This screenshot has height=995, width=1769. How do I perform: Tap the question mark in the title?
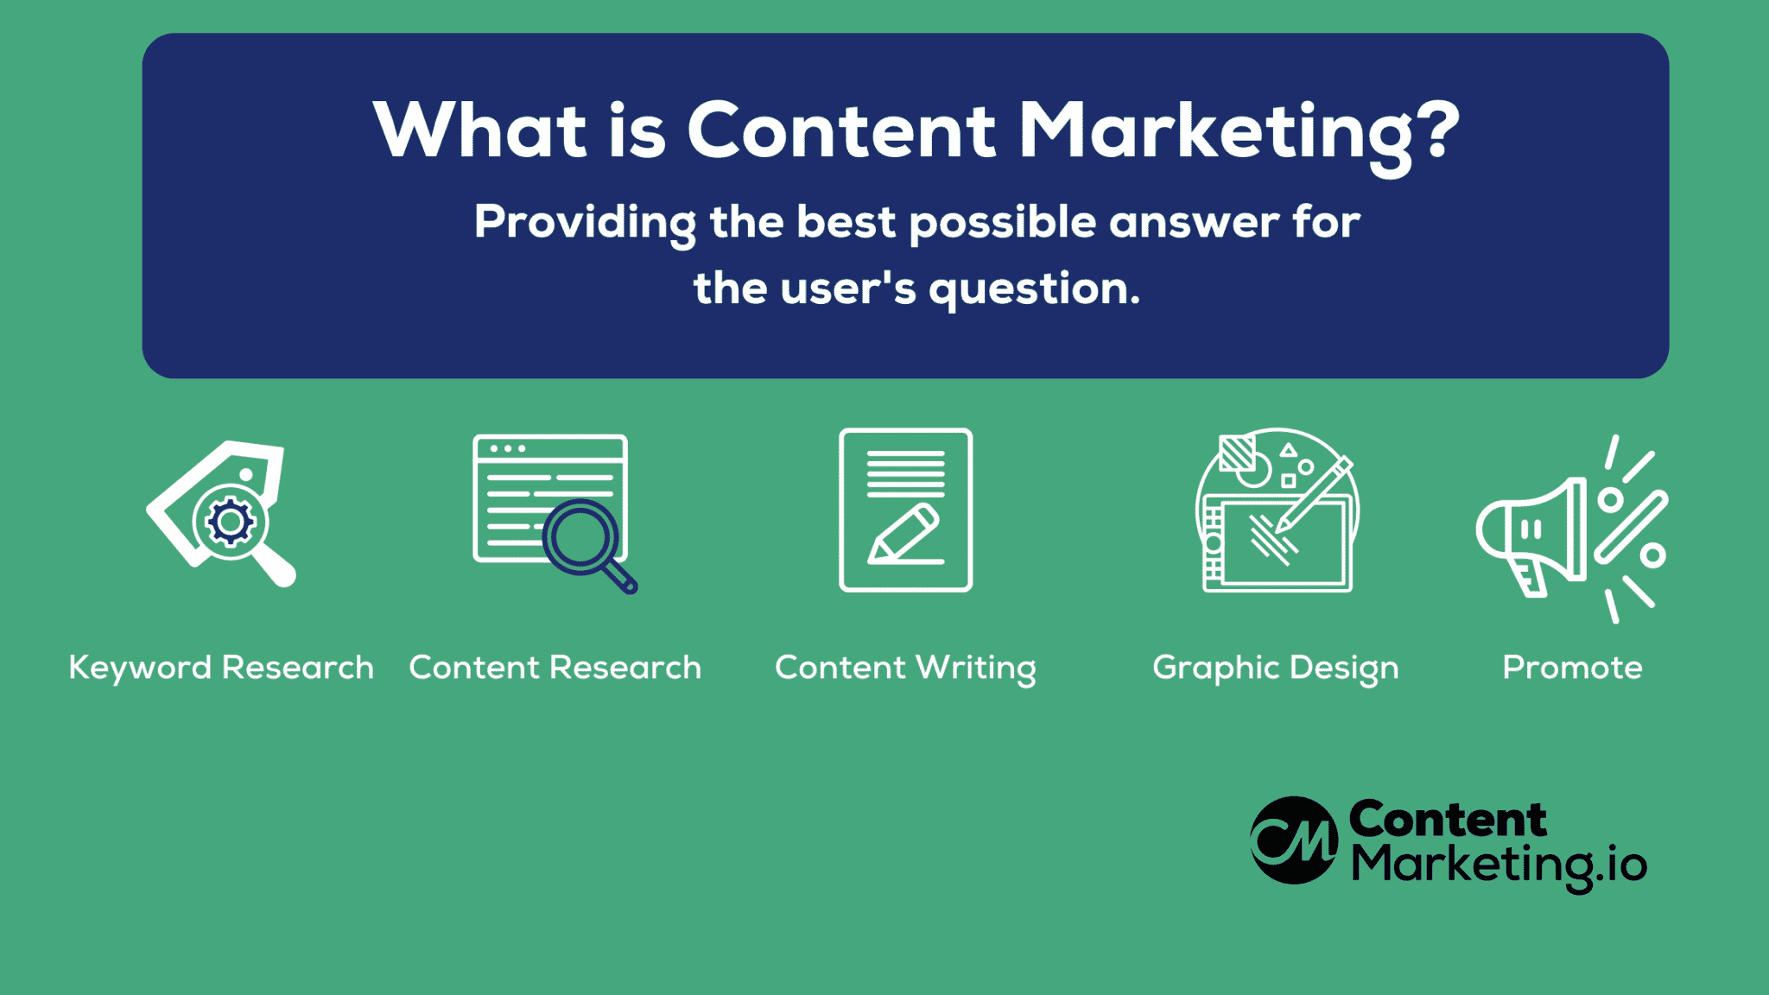[x=1437, y=130]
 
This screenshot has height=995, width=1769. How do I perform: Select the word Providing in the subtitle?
[x=585, y=224]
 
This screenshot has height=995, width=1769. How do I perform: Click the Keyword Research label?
[x=221, y=668]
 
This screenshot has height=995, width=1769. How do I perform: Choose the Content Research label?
[x=555, y=668]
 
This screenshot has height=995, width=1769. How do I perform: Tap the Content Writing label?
[x=905, y=669]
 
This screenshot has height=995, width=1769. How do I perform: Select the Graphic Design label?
[x=1276, y=669]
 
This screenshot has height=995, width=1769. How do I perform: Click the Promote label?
[x=1572, y=668]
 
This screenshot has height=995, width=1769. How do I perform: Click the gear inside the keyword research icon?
[x=230, y=521]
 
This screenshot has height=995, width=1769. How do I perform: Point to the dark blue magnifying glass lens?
[x=580, y=537]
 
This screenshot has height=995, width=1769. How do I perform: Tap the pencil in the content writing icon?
[x=904, y=533]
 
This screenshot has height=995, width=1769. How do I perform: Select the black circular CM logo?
[x=1294, y=840]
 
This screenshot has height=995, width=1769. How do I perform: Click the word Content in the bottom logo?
[x=1448, y=820]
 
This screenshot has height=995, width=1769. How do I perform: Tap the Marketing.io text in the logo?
[x=1499, y=866]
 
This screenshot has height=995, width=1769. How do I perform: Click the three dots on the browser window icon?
[x=508, y=449]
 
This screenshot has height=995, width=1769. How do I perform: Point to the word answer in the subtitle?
[x=1194, y=224]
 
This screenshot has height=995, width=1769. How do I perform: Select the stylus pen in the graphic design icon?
[x=1315, y=494]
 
